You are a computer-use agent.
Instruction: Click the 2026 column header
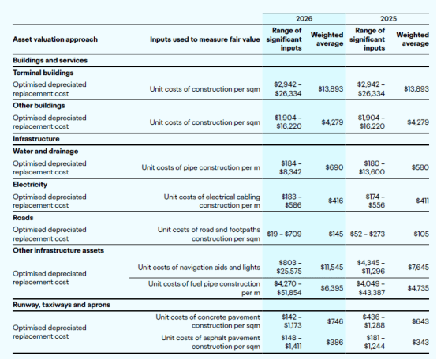tap(304, 19)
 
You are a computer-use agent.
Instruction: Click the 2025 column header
tap(388, 19)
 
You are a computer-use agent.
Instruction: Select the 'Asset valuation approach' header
tap(55, 39)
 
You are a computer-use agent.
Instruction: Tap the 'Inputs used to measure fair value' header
tap(205, 39)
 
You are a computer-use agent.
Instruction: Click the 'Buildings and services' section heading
tap(50, 60)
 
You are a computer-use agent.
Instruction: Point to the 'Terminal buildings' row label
tap(43, 73)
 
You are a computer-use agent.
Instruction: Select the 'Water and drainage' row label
tap(46, 151)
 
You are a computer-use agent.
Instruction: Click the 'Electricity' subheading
tap(30, 184)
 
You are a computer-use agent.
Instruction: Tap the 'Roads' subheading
tap(23, 218)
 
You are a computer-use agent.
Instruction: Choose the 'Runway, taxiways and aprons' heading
tap(62, 305)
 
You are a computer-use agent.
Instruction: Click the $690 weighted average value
tap(334, 167)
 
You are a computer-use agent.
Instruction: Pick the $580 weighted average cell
tap(420, 167)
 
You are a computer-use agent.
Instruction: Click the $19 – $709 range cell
tap(284, 234)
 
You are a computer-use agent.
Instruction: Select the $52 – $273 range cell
tap(368, 234)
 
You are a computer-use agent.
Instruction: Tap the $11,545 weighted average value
tap(332, 268)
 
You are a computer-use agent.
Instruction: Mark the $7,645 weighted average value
tap(419, 268)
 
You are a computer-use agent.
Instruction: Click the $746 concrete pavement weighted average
tap(335, 321)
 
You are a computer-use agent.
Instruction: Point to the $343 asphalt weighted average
tap(420, 342)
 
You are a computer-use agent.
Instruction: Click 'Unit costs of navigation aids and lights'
tap(199, 268)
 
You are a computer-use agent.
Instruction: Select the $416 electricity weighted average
tap(336, 201)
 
